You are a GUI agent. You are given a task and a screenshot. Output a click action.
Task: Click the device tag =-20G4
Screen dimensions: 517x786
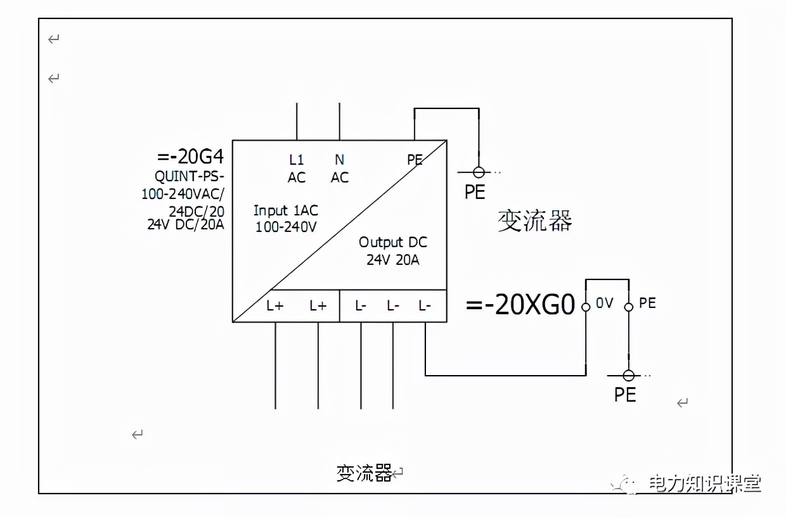pos(190,156)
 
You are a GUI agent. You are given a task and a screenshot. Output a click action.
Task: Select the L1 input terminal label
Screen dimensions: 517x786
pos(297,161)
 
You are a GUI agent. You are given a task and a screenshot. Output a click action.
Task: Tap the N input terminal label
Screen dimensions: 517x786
pos(340,161)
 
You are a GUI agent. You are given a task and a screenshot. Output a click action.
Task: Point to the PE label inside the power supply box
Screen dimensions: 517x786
pos(415,160)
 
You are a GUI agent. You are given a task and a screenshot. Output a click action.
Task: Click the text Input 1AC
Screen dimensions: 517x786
pos(286,211)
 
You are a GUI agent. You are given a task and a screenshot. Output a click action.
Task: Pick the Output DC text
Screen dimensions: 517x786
pos(393,242)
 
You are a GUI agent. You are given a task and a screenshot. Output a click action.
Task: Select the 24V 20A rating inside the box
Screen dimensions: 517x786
pos(393,260)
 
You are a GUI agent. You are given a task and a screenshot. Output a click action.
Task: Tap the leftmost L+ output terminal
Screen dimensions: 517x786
pos(275,306)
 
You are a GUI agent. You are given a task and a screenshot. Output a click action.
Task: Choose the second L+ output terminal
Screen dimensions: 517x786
pos(318,306)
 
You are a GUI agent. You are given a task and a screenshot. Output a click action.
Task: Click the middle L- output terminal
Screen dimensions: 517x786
pos(393,306)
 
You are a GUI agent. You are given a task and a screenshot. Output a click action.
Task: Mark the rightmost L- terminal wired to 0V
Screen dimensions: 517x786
pos(425,306)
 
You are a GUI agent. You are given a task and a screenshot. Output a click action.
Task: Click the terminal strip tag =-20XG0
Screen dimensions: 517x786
pos(520,305)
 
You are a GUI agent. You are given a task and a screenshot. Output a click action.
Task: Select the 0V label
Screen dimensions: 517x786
pos(605,303)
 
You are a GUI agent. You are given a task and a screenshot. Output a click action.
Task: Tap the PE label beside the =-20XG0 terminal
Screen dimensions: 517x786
pos(647,303)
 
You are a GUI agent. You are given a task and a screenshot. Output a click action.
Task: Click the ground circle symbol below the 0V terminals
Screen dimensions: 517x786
pos(629,376)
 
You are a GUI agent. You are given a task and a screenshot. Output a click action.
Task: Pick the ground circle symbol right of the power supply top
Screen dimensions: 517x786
pos(479,172)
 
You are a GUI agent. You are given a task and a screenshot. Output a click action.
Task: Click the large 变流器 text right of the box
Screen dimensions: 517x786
pos(535,221)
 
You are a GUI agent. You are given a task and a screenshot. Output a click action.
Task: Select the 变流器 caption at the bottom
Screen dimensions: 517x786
pos(364,473)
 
